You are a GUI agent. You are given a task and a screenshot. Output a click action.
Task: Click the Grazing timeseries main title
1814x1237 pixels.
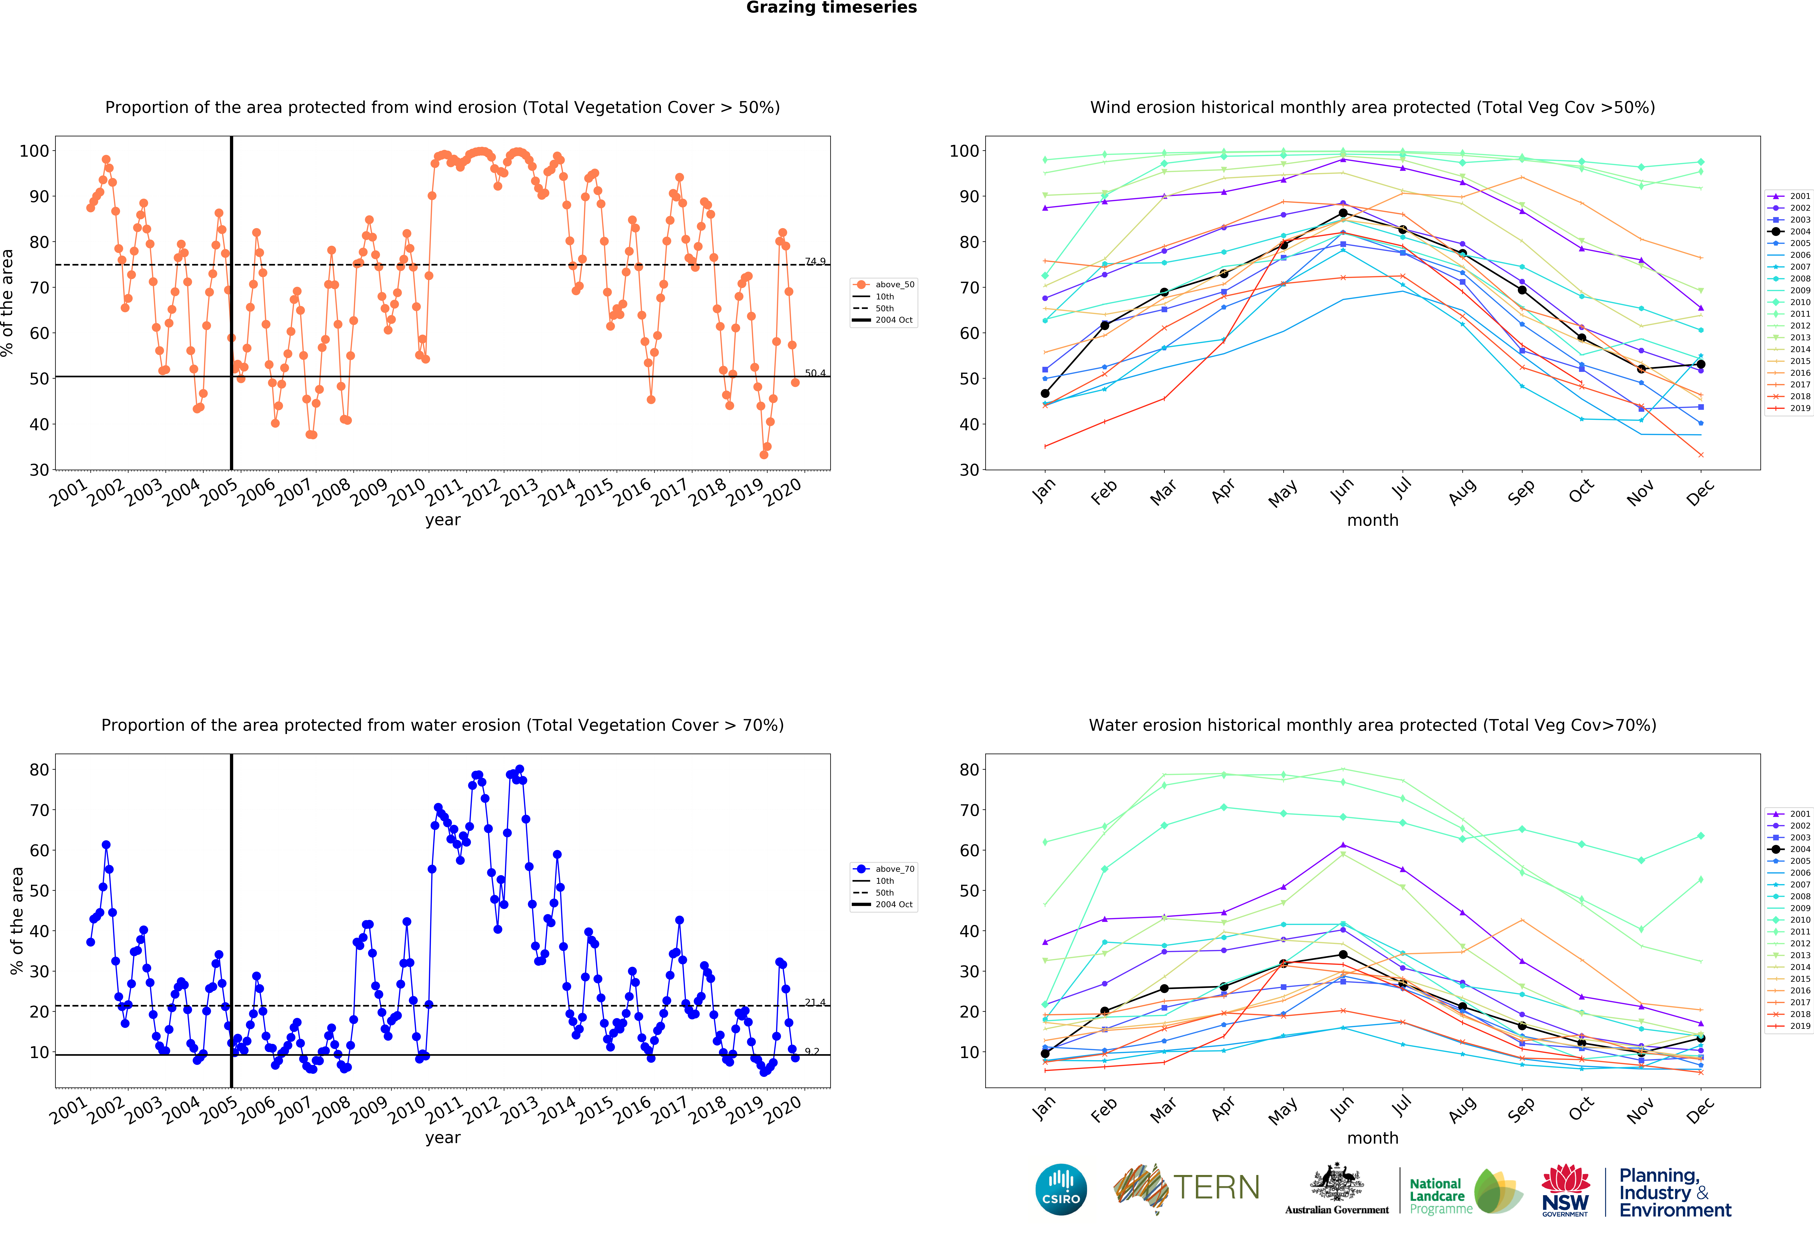pyautogui.click(x=831, y=8)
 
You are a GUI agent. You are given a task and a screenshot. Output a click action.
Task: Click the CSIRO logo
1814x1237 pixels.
pyautogui.click(x=1061, y=1189)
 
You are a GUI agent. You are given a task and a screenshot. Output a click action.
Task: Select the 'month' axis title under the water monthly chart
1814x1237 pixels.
pyautogui.click(x=1372, y=1138)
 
